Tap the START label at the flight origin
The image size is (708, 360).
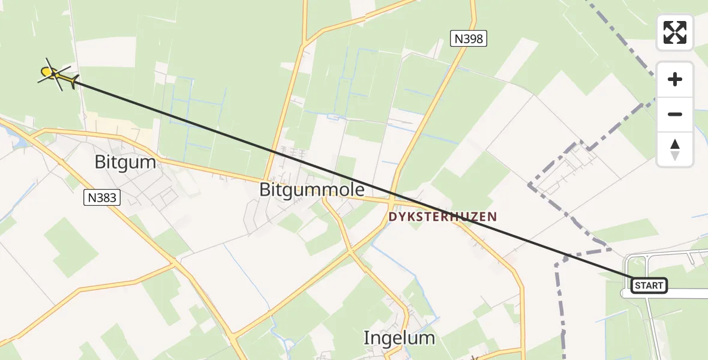click(649, 286)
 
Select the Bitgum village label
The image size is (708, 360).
click(125, 162)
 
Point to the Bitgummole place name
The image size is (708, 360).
click(311, 190)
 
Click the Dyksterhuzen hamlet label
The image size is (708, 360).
click(443, 217)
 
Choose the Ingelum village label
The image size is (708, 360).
click(399, 338)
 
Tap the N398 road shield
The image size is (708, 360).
click(468, 39)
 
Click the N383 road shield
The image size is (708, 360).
click(102, 197)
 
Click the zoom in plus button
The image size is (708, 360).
click(675, 79)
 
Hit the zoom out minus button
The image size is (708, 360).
click(675, 114)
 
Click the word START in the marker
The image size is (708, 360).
click(649, 286)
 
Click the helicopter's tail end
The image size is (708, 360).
click(73, 82)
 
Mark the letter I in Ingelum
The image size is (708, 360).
click(367, 338)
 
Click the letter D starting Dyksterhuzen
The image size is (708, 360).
click(392, 217)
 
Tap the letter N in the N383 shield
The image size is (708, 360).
click(91, 197)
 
